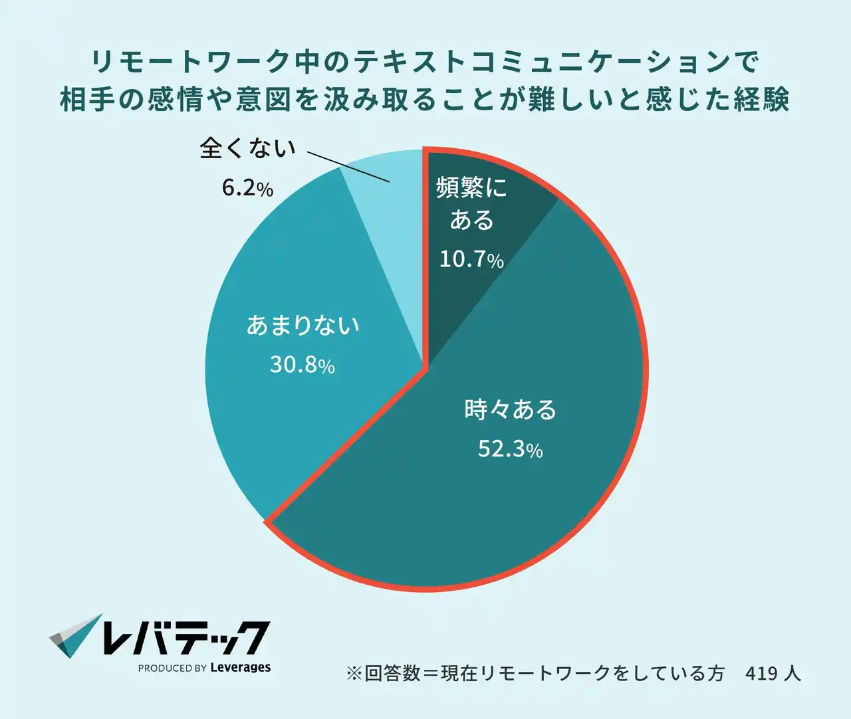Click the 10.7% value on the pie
(471, 258)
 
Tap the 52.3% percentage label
(510, 449)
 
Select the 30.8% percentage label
(302, 364)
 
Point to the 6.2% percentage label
(247, 189)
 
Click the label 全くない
(247, 148)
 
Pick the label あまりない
(303, 325)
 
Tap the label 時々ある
(510, 409)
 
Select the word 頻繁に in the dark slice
(471, 188)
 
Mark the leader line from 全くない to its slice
(349, 166)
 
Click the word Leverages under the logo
(240, 668)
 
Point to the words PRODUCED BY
(172, 668)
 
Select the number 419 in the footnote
(761, 673)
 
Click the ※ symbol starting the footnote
(354, 673)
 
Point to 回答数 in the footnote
(392, 673)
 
